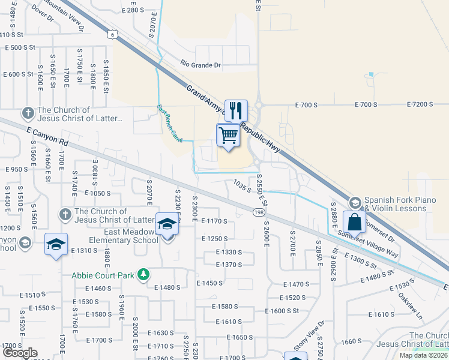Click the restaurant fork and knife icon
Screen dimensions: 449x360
pyautogui.click(x=236, y=110)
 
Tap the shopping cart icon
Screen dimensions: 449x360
pyautogui.click(x=228, y=136)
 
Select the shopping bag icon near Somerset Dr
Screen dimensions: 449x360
pyautogui.click(x=354, y=221)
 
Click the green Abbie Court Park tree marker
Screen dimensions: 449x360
pyautogui.click(x=143, y=275)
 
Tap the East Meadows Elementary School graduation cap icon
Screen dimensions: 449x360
pyautogui.click(x=167, y=224)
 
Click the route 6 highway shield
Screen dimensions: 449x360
pyautogui.click(x=112, y=35)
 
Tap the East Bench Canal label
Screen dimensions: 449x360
pyautogui.click(x=169, y=124)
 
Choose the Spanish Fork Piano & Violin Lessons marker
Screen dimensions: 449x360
pyautogui.click(x=355, y=202)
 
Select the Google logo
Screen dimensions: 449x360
pyautogui.click(x=20, y=352)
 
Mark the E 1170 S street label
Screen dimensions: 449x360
pyautogui.click(x=214, y=221)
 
